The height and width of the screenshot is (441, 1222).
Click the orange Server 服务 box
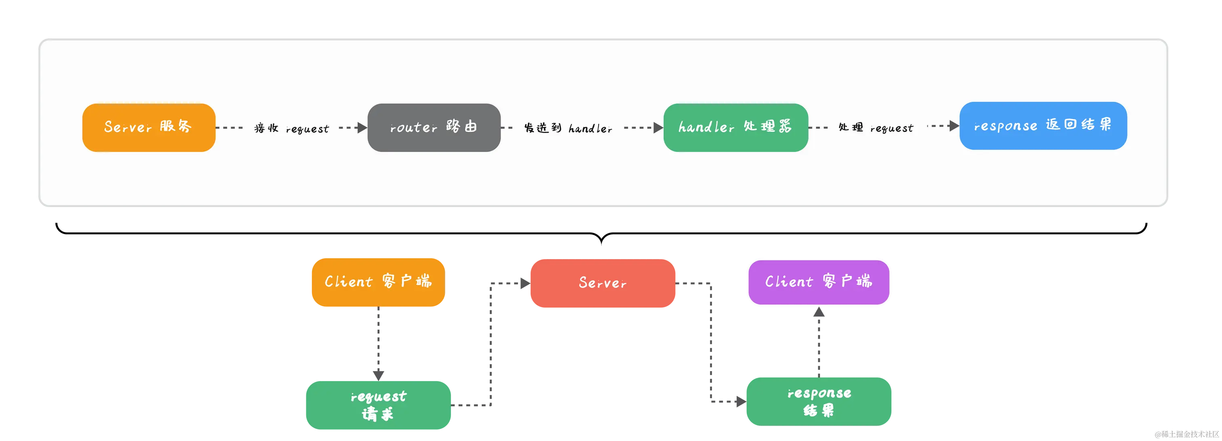click(x=148, y=127)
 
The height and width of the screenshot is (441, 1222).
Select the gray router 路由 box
click(x=434, y=127)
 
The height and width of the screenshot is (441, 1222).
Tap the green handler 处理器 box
click(x=735, y=127)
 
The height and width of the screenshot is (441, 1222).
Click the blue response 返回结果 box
click(x=1043, y=126)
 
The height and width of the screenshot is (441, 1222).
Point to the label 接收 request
click(x=291, y=128)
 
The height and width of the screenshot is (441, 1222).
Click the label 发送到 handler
click(x=568, y=128)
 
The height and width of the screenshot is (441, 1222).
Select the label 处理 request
click(x=875, y=128)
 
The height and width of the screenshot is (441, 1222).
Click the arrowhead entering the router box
click(x=362, y=127)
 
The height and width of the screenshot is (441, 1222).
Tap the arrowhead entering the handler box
click(x=658, y=127)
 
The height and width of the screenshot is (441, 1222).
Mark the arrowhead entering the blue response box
click(x=954, y=126)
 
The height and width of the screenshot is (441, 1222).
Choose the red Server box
click(x=603, y=283)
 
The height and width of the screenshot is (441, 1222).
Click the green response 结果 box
click(x=819, y=401)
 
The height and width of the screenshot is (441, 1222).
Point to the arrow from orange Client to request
click(x=378, y=340)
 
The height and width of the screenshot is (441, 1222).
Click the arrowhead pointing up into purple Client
click(x=819, y=314)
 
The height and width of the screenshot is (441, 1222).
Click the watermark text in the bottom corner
click(x=1186, y=433)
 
